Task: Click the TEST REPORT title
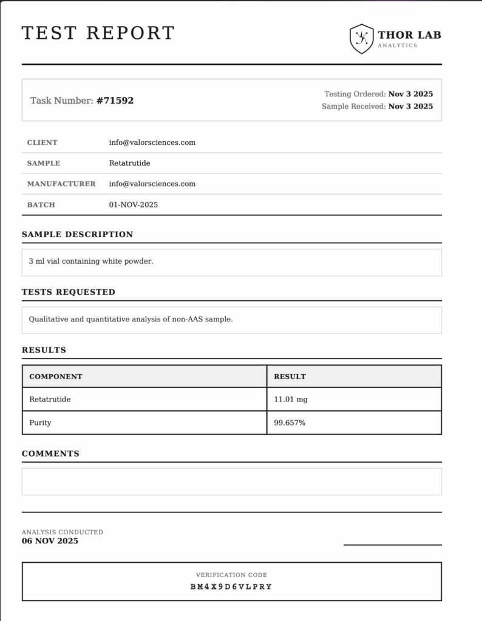(x=98, y=33)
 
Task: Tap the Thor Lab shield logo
(x=361, y=39)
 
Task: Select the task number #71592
(x=115, y=101)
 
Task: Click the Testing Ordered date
(x=410, y=94)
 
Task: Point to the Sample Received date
(x=410, y=106)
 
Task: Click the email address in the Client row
(x=152, y=143)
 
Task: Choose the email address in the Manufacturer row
(x=152, y=184)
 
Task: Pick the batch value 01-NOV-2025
(x=134, y=205)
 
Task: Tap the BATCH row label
(x=41, y=205)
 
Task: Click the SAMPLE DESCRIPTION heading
(x=77, y=235)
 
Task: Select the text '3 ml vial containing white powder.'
(x=91, y=261)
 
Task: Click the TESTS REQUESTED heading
(x=69, y=292)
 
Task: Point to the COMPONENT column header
(x=56, y=377)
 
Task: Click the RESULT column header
(x=290, y=377)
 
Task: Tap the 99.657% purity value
(x=290, y=423)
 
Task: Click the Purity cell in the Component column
(x=40, y=423)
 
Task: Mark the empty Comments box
(x=231, y=482)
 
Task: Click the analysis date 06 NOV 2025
(x=50, y=541)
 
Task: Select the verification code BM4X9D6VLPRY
(x=231, y=587)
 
